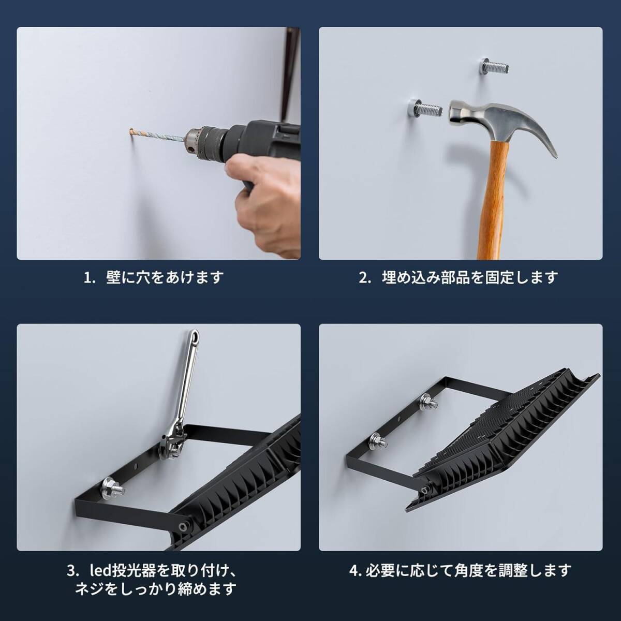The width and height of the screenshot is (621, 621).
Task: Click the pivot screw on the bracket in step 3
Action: point(184,527)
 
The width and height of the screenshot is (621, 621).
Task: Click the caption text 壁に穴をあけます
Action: point(165,277)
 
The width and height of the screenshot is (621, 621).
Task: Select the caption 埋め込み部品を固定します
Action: point(470,277)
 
